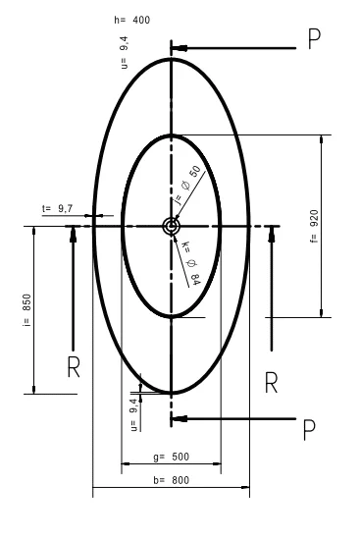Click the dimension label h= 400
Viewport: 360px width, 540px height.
pyautogui.click(x=132, y=20)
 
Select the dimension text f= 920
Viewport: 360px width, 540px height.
pyautogui.click(x=314, y=226)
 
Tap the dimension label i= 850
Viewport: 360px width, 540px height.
pyautogui.click(x=26, y=310)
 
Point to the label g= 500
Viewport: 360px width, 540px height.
pyautogui.click(x=171, y=457)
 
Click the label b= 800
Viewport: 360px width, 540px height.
pyautogui.click(x=171, y=480)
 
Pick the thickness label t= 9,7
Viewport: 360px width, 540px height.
pyautogui.click(x=58, y=209)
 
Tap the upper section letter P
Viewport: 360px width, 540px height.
pyautogui.click(x=314, y=39)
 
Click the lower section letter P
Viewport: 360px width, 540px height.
pyautogui.click(x=309, y=430)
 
